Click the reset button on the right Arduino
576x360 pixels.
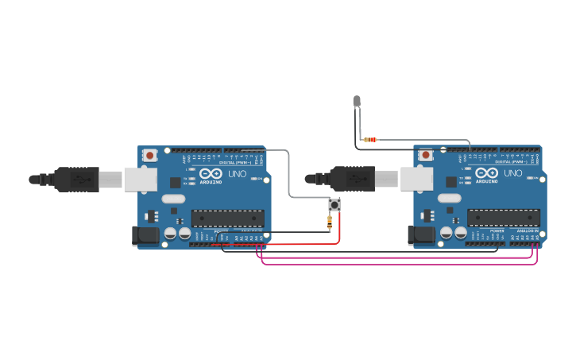[x=427, y=155]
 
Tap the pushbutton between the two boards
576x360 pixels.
[x=336, y=206]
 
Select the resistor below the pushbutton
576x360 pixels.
[x=330, y=223]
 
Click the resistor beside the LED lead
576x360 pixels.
[x=369, y=140]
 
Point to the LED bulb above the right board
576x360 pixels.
[x=357, y=101]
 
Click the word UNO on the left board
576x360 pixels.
[x=237, y=174]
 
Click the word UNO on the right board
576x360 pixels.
[x=512, y=173]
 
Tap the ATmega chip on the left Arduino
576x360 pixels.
[x=227, y=218]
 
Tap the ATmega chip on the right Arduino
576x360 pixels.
[x=503, y=217]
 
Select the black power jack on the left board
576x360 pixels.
[x=140, y=235]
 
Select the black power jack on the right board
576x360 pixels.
[x=416, y=234]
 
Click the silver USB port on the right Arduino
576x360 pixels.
[x=416, y=179]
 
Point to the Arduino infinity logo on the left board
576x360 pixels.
[x=211, y=174]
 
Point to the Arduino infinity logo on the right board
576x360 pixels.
[x=487, y=173]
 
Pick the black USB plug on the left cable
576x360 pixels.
[x=76, y=180]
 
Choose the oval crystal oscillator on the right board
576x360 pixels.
[x=449, y=197]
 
